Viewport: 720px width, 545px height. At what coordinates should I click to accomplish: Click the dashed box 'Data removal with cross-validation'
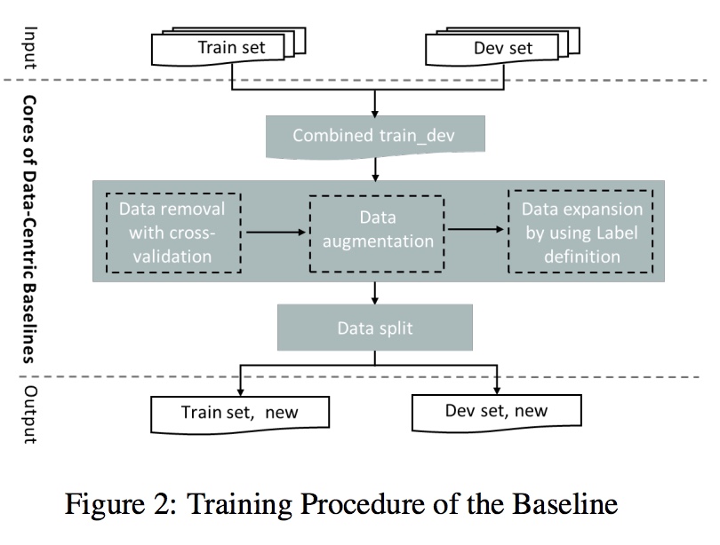172,233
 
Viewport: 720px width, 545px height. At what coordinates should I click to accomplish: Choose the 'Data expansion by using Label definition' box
581,233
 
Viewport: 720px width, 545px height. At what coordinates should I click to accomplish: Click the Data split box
375,328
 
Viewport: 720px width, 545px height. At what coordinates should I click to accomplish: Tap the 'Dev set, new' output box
496,411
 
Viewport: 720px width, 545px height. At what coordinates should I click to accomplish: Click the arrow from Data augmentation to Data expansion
476,229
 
